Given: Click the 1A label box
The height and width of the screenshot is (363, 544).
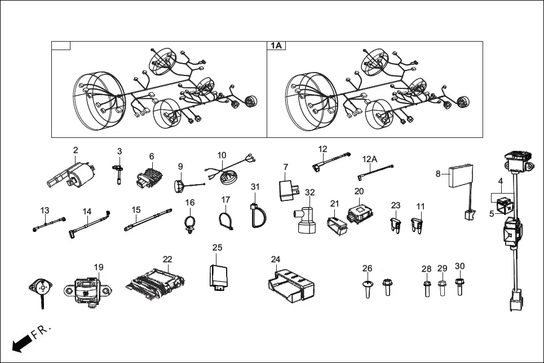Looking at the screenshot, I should tap(276, 46).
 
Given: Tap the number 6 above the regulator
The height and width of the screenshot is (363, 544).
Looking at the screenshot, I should tap(152, 156).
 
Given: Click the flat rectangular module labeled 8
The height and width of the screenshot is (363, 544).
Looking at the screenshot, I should tap(459, 178).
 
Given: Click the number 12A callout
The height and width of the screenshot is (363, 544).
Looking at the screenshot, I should tap(369, 159).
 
